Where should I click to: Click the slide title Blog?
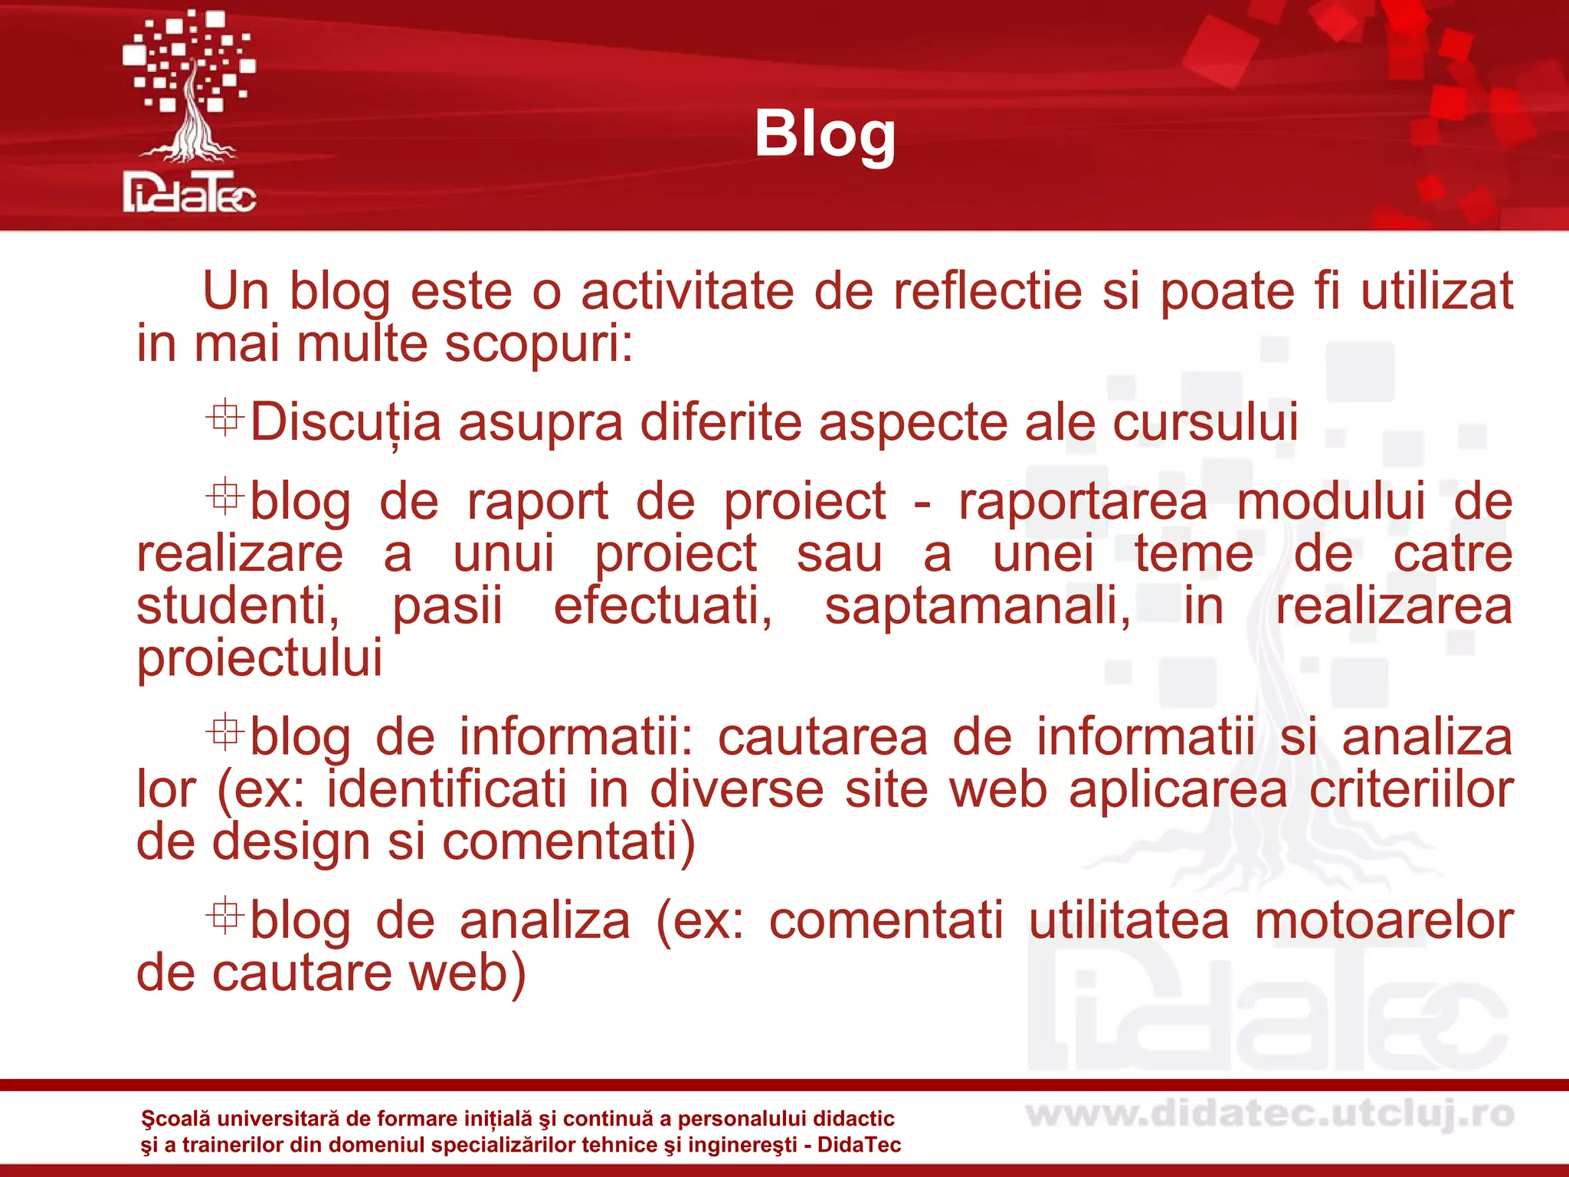[824, 134]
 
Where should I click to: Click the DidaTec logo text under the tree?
[189, 192]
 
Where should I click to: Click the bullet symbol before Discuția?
[224, 418]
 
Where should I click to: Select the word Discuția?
[346, 423]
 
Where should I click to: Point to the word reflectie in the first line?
[988, 292]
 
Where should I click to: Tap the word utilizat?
[1436, 292]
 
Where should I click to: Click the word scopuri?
[539, 345]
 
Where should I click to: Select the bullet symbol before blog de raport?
[224, 497]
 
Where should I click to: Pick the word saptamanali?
[977, 606]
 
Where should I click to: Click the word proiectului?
[259, 658]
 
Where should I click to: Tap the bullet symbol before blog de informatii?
[224, 732]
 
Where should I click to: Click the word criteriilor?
[1410, 790]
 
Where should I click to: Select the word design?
[292, 843]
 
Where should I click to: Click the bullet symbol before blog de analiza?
[224, 916]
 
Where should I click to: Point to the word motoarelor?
[1383, 921]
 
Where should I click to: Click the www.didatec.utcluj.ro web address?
[1269, 1115]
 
